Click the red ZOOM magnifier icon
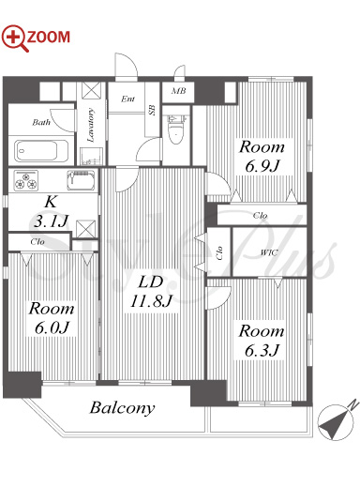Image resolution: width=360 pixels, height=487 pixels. (14, 38)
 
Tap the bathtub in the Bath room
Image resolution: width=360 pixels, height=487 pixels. (41, 151)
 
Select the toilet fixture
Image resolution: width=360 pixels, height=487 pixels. (176, 129)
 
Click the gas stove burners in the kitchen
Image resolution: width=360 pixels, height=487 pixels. (26, 180)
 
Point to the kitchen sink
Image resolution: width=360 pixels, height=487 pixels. (81, 180)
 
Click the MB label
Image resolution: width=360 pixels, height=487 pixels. (178, 91)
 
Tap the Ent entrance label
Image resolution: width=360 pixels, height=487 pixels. (127, 99)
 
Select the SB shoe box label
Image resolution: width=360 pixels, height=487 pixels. (152, 110)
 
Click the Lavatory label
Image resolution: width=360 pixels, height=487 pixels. (91, 125)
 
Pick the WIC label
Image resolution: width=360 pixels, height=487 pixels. (269, 252)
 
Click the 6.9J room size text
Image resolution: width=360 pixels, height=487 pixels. (262, 166)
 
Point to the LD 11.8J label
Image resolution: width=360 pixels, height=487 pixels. (151, 292)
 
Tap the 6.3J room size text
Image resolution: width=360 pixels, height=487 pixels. (262, 351)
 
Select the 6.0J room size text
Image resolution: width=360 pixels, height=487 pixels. (52, 328)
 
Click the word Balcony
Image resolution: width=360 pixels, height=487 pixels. (122, 408)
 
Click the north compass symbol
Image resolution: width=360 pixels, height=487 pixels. (337, 422)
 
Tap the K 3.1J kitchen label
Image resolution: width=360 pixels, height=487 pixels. (51, 212)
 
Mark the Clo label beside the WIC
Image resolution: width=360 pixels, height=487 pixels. (219, 253)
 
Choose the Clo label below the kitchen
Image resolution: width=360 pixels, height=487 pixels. (37, 242)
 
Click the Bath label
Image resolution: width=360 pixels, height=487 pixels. (41, 122)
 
